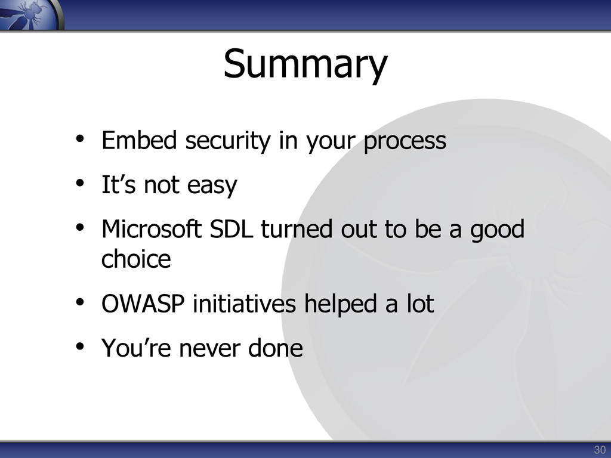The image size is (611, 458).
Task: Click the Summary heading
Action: (x=305, y=64)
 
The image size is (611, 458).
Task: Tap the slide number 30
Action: (x=600, y=450)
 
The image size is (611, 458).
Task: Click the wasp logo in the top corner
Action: (x=31, y=14)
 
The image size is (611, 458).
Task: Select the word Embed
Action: (x=139, y=140)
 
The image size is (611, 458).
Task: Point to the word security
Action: (x=227, y=141)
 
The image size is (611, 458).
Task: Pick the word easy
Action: (x=212, y=186)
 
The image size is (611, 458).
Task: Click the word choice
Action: (x=136, y=258)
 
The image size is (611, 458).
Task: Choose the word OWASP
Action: (x=143, y=304)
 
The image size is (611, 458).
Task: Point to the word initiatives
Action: (x=244, y=304)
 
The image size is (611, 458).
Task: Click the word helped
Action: (x=341, y=305)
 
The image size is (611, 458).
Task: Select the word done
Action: (x=276, y=348)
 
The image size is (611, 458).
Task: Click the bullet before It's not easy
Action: (x=80, y=183)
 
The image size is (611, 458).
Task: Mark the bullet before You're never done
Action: (x=80, y=346)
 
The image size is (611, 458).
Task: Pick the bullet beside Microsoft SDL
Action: (x=80, y=227)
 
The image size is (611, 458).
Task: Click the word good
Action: (x=497, y=230)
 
